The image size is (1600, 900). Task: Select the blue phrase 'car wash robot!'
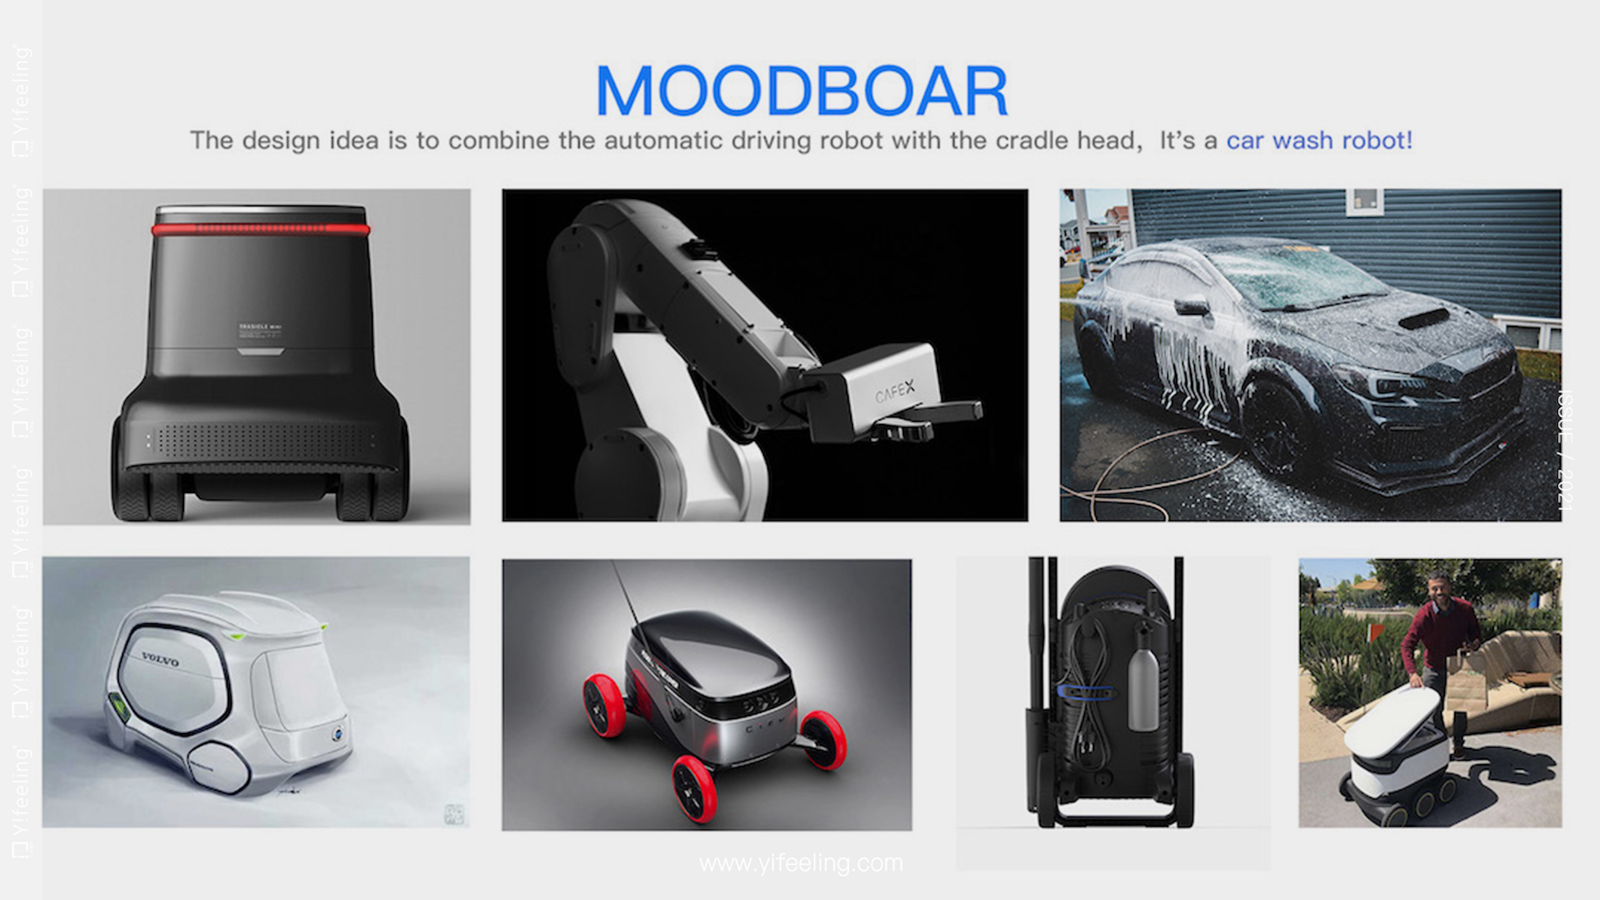(1319, 140)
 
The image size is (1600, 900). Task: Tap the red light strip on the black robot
(261, 229)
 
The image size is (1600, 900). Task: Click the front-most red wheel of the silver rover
(695, 788)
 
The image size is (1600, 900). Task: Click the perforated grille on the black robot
(261, 440)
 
